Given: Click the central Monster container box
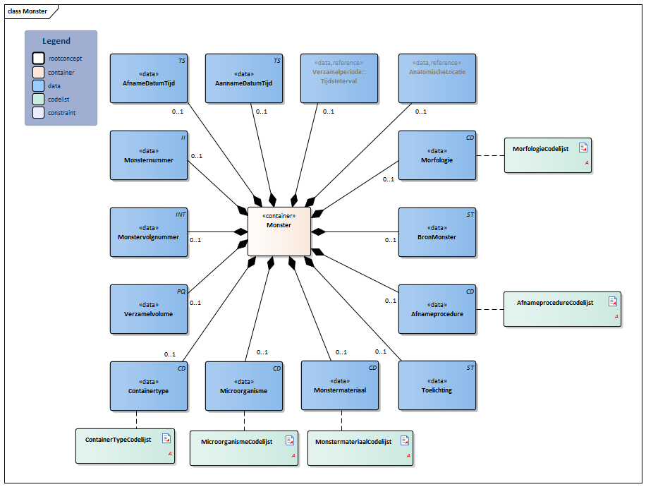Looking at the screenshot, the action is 279,232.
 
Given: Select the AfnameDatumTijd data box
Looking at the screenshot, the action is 149,78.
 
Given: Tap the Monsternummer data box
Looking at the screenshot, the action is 149,155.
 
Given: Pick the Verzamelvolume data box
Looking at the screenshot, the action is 149,309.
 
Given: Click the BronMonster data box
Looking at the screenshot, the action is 437,232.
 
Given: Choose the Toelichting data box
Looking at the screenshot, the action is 437,385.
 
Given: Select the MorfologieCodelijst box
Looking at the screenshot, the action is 548,155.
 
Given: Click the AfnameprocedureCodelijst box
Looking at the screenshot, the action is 562,309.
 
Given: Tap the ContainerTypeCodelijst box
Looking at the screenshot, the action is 126,446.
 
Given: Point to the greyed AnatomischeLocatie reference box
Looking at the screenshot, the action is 437,78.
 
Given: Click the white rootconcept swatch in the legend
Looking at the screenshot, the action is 38,58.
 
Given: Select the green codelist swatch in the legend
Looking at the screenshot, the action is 38,99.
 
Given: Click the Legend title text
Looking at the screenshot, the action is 56,41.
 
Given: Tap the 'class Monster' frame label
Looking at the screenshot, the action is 28,11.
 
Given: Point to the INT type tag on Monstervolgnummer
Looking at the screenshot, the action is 181,215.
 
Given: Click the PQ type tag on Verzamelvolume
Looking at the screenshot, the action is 181,291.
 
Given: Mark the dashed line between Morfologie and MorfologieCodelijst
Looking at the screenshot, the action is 490,155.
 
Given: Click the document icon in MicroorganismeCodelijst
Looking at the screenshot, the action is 290,440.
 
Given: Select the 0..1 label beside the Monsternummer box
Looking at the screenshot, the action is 197,156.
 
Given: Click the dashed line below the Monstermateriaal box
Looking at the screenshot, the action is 341,421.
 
